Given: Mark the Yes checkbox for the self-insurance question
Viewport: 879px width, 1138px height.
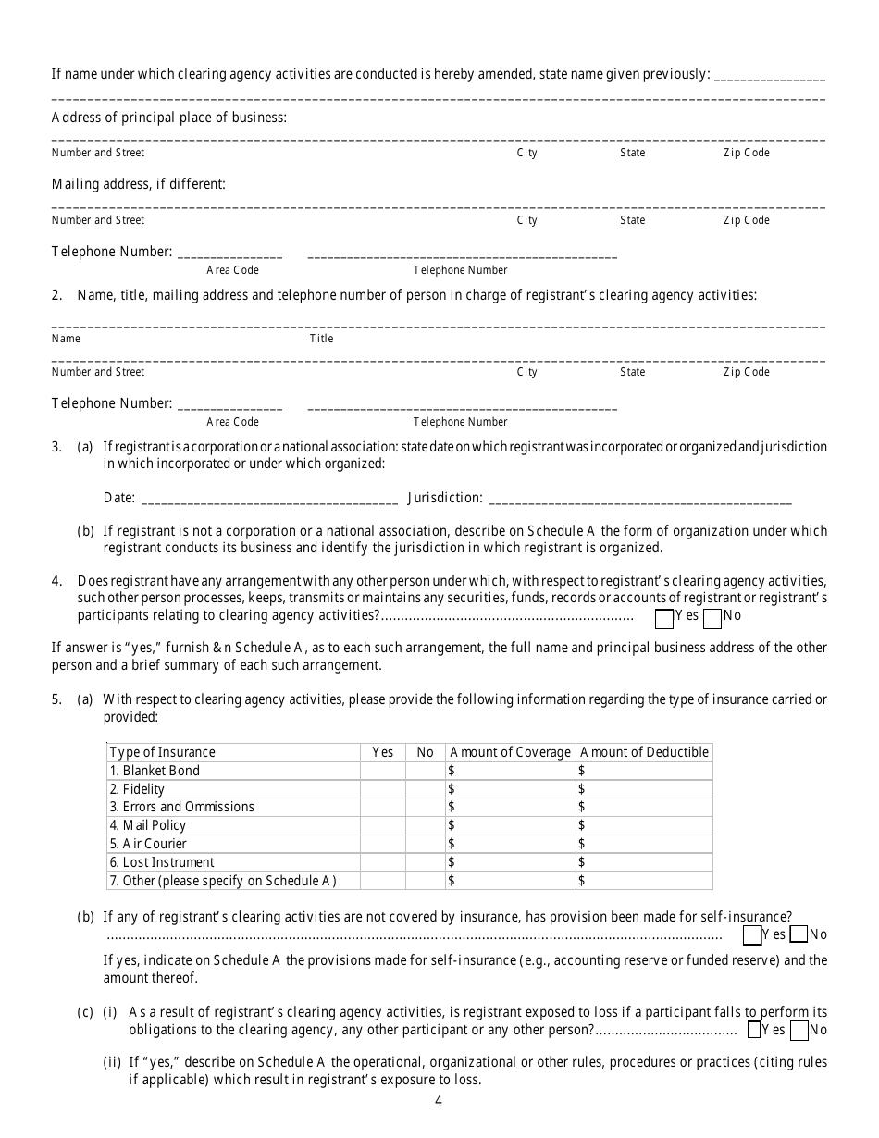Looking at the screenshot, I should tap(752, 935).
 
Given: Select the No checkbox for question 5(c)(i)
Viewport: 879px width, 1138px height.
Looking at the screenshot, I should tap(799, 1031).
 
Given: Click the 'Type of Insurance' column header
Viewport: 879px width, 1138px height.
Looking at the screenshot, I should tap(163, 752).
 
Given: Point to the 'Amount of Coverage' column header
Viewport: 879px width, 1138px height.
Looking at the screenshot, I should tap(510, 752).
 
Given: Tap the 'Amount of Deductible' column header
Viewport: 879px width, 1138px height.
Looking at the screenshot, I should tap(644, 752).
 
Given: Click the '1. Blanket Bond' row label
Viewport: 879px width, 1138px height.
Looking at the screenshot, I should tap(155, 771).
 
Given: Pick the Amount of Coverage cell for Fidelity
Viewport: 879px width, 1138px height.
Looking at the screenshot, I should tap(510, 789).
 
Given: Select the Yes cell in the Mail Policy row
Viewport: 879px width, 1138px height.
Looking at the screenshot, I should tap(382, 825).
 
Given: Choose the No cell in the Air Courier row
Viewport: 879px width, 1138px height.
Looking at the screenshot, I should tap(425, 844).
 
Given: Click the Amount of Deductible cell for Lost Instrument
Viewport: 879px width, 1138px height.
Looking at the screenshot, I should tap(644, 862).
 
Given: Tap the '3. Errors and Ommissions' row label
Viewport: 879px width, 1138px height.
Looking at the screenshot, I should tap(181, 807).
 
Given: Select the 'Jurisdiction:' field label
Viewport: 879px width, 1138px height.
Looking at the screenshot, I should tap(445, 498).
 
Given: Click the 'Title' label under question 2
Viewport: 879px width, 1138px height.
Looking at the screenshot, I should tap(321, 339).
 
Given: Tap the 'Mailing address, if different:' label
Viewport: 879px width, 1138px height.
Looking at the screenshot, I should tap(139, 184).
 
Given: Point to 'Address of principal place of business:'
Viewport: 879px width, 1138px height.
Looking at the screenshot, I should tap(169, 118).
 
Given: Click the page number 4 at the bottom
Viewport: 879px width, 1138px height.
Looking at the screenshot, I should tap(439, 1101).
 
